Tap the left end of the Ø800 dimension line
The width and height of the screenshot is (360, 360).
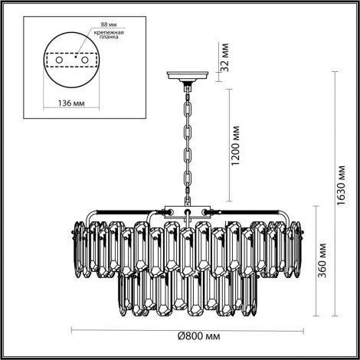(x=73, y=329)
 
